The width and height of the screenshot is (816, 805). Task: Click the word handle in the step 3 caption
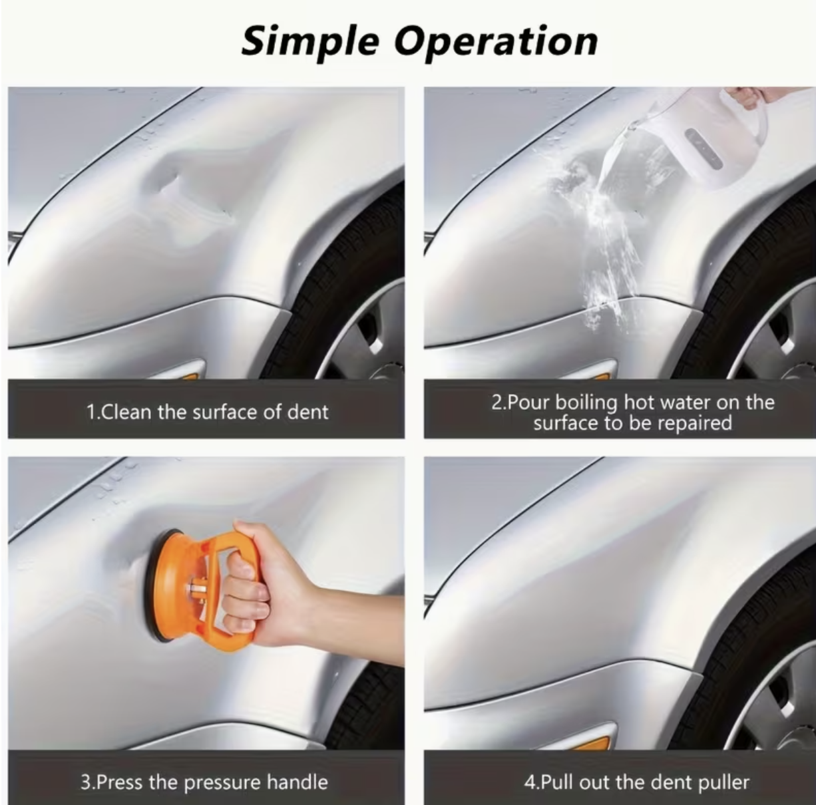[298, 781]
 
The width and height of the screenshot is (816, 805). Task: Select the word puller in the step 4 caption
[724, 782]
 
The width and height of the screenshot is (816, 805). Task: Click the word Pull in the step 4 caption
[557, 781]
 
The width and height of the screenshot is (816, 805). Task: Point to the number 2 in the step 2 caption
[497, 402]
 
